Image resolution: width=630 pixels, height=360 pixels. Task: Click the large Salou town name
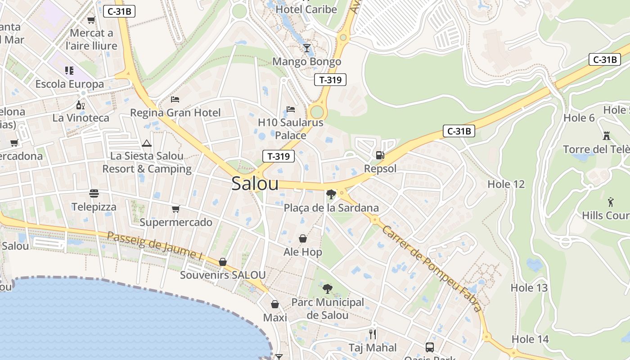click(255, 184)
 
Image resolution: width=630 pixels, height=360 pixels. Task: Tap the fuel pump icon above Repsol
click(380, 156)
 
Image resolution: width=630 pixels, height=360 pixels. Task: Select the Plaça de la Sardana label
click(331, 208)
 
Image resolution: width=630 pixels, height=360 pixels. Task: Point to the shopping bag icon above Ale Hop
click(303, 238)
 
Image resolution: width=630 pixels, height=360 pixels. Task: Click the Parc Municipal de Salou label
click(328, 309)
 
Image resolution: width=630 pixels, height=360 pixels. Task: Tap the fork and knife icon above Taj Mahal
click(373, 334)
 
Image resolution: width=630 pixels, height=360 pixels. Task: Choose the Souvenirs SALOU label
click(223, 275)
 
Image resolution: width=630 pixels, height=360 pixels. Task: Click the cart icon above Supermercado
click(175, 209)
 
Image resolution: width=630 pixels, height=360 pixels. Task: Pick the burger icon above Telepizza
click(94, 193)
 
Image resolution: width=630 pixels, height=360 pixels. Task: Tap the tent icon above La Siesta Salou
click(146, 144)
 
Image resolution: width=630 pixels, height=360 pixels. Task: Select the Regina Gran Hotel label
click(175, 112)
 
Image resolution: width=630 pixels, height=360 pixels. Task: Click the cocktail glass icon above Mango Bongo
click(307, 48)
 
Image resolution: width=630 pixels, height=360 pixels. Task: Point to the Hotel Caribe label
click(306, 9)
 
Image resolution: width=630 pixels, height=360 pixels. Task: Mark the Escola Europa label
click(70, 84)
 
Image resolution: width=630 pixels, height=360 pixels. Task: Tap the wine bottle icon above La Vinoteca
click(81, 105)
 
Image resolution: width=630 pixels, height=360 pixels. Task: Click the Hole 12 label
click(506, 184)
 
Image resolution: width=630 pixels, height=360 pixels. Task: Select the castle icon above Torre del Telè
click(607, 135)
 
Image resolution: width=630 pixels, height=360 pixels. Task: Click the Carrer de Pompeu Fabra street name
click(431, 269)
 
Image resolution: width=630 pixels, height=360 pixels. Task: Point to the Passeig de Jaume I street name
click(155, 245)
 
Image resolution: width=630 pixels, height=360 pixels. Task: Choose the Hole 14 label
click(531, 339)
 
